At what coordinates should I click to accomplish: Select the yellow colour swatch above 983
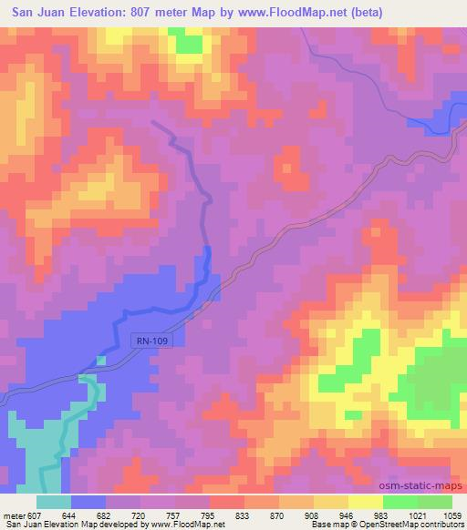click(x=365, y=502)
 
